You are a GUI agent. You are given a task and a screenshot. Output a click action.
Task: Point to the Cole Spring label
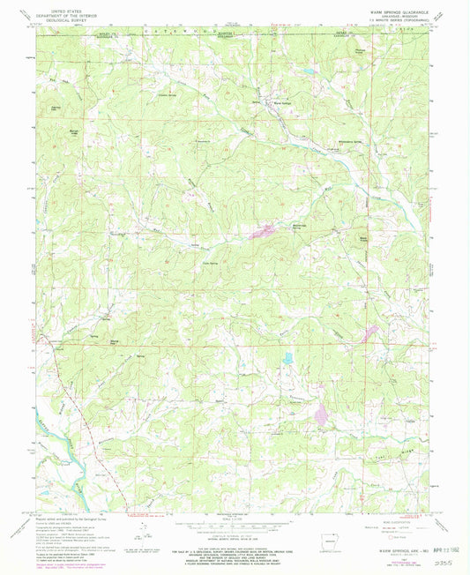click(210, 261)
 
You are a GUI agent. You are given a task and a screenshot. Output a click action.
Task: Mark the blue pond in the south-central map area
click(287, 358)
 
